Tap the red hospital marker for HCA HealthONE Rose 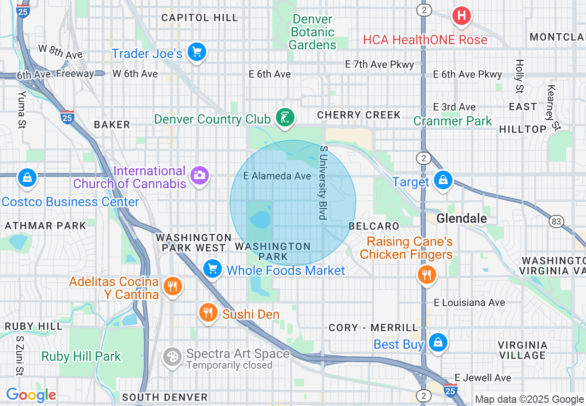coord(461,16)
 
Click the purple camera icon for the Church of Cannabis coord(200,175)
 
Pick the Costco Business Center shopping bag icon coord(27,178)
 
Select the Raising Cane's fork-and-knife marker coord(426,275)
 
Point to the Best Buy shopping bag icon coord(437,342)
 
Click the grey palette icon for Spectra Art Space coord(172,357)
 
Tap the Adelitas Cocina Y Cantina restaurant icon coord(172,287)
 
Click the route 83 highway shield coord(556,221)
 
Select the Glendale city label coord(462,218)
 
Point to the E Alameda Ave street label coord(277,176)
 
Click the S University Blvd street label coord(323,183)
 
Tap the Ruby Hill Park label coord(81,357)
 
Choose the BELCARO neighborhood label coord(374,226)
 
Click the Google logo coord(31,395)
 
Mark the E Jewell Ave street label coord(482,378)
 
